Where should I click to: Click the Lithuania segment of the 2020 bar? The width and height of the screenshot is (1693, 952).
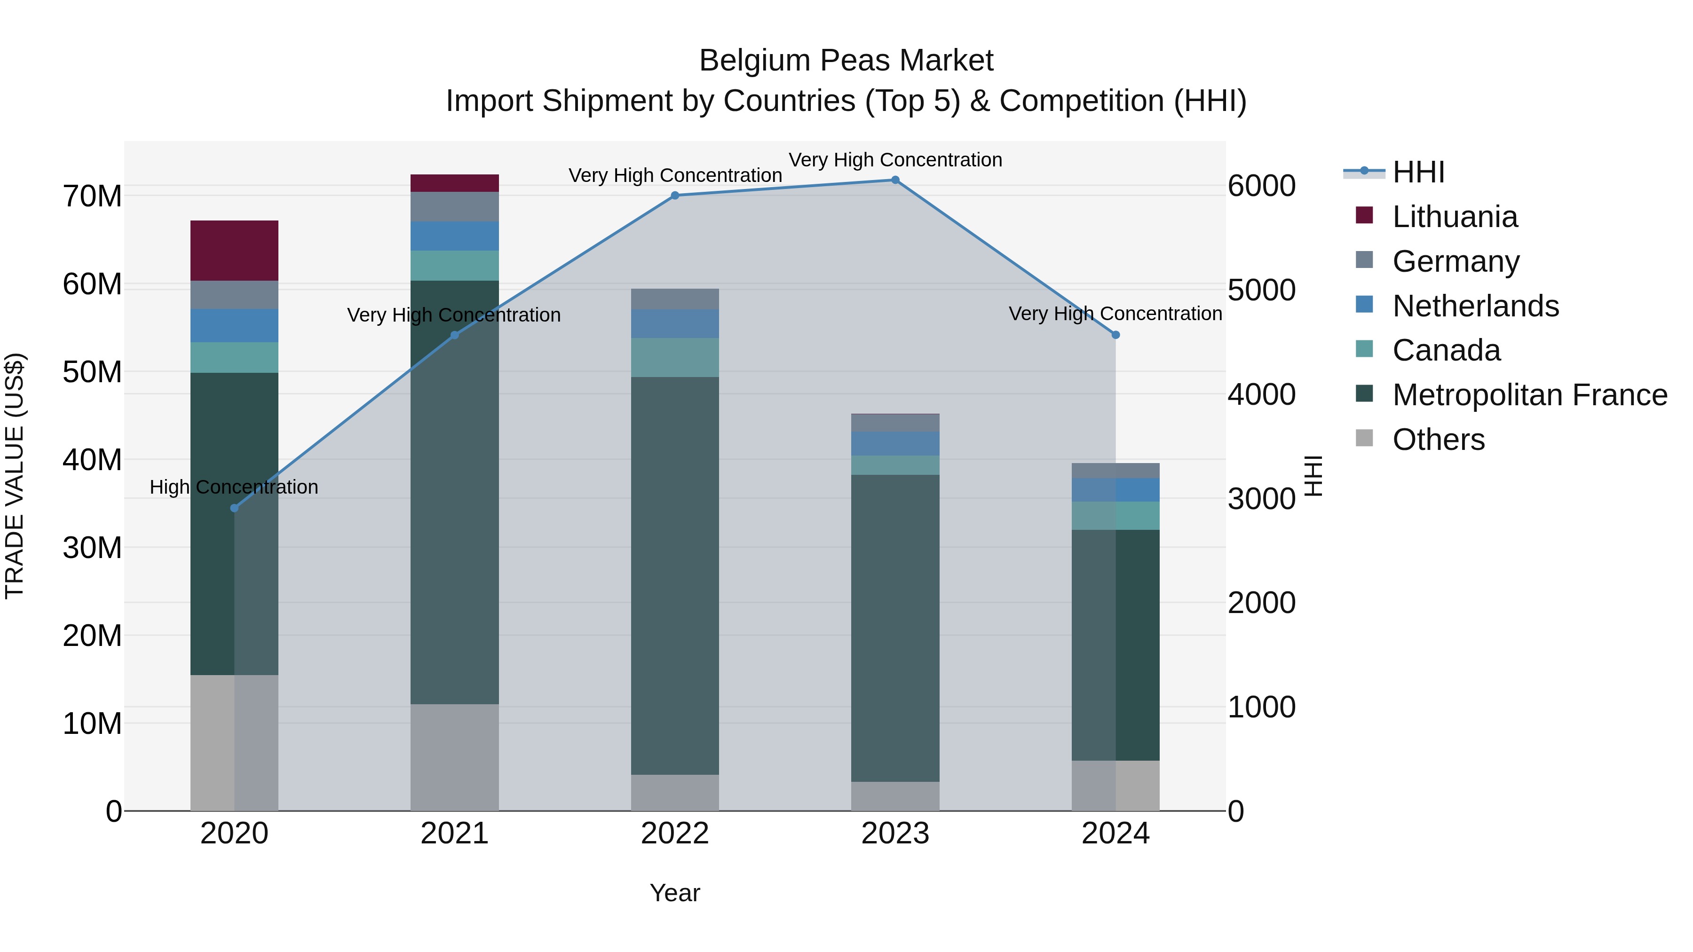(234, 250)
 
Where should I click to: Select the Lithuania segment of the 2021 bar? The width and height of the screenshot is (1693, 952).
(454, 183)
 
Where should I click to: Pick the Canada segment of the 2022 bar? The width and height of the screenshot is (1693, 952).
(674, 357)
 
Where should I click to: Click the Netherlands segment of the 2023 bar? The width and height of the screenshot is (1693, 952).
(894, 443)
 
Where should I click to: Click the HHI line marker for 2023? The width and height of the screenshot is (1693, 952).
(894, 180)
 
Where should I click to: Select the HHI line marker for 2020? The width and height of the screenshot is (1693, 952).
(234, 508)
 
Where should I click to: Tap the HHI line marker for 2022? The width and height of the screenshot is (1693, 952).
(674, 195)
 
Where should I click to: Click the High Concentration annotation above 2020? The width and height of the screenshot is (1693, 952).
(234, 487)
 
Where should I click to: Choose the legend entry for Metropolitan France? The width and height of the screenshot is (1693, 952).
(1529, 395)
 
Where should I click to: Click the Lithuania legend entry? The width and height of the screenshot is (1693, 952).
(1455, 217)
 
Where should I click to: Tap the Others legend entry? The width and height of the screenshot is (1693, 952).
(1438, 440)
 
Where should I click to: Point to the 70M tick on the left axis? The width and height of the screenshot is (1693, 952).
(92, 196)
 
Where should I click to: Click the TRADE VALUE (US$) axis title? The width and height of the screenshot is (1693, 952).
(15, 476)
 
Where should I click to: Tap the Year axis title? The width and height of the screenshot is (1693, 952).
(674, 893)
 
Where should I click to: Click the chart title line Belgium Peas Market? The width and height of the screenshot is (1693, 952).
(846, 61)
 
